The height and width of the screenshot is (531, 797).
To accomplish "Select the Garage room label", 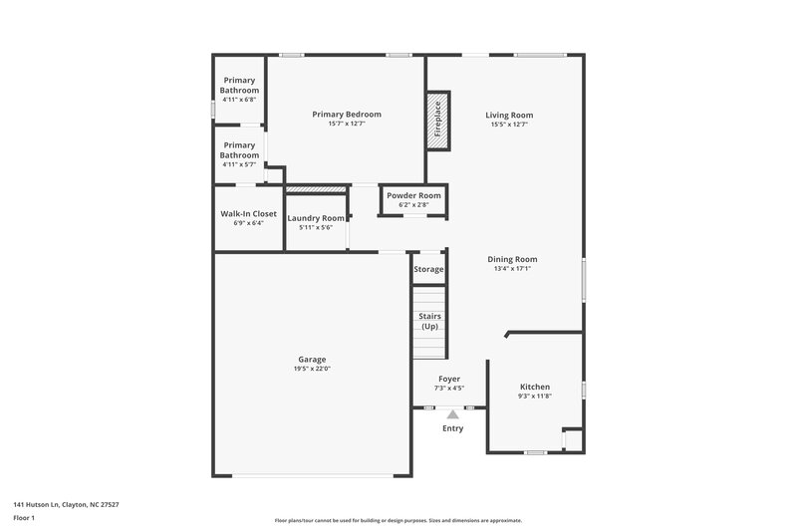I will (312, 360).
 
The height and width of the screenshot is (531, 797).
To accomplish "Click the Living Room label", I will (509, 115).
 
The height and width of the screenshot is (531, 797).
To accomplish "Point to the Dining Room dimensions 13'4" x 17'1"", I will (512, 269).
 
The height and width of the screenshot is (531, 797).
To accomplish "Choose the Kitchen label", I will (535, 387).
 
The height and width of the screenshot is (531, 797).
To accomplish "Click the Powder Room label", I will (413, 196).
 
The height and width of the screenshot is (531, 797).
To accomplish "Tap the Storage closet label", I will (428, 269).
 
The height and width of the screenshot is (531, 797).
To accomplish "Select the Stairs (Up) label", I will (429, 322).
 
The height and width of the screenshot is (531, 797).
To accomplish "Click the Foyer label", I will (449, 379).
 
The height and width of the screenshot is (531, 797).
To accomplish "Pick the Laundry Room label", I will (316, 218).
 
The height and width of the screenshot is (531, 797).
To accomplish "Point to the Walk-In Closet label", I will (248, 213).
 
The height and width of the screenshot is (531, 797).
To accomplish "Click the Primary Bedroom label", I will (347, 115).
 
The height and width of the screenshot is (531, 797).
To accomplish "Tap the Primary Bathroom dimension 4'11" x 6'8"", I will (240, 100).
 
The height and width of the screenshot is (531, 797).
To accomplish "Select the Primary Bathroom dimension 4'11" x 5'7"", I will (240, 164).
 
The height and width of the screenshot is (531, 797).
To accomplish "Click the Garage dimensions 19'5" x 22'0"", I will (312, 370).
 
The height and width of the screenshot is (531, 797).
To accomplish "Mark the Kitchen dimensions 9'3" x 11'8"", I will (535, 397).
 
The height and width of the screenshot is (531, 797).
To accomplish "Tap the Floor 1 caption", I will (24, 518).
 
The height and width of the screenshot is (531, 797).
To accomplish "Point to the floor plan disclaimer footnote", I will (398, 520).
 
